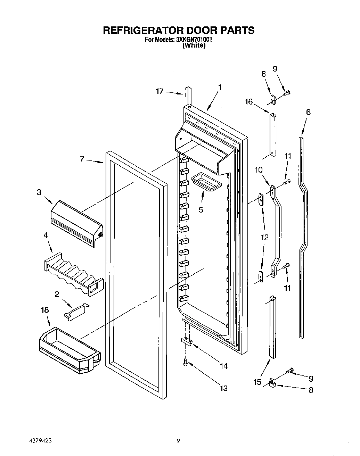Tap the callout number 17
click(159, 92)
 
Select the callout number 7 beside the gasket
click(82, 159)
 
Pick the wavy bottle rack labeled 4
click(73, 274)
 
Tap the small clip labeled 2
click(76, 310)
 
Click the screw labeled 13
click(186, 363)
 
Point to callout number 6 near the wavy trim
click(308, 112)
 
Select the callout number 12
click(264, 238)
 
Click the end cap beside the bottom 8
click(272, 383)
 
